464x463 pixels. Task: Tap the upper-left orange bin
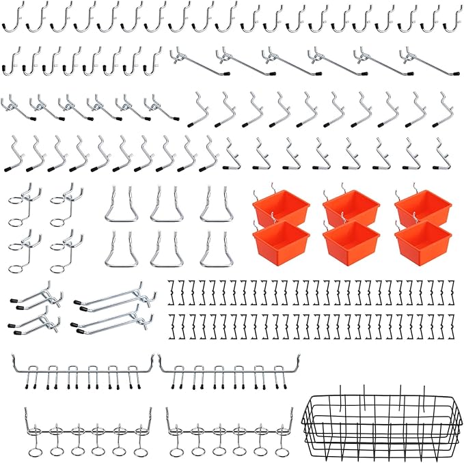281,206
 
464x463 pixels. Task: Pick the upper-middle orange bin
351,206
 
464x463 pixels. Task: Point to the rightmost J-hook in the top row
452,19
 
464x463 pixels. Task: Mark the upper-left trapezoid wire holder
119,206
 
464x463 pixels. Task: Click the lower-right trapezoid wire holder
214,249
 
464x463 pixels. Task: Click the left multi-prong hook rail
82,373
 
